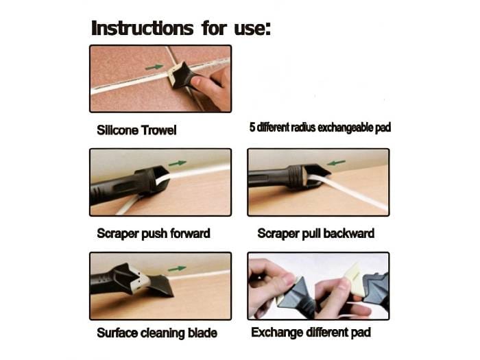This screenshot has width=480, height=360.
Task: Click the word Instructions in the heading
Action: click(143, 28)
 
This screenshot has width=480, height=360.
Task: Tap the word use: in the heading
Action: click(252, 29)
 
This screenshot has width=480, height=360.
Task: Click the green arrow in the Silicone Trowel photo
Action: click(154, 67)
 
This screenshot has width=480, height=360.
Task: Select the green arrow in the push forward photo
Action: click(178, 163)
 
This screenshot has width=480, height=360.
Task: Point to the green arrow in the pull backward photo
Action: click(336, 163)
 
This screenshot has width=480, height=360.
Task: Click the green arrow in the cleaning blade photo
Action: click(177, 269)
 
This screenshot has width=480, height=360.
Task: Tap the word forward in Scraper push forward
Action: click(190, 233)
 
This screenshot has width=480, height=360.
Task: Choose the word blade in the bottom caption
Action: click(203, 333)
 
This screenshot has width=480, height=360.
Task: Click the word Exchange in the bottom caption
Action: click(277, 333)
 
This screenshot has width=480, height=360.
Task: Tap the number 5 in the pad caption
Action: click(252, 128)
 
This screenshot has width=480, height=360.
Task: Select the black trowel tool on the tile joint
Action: click(180, 75)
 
